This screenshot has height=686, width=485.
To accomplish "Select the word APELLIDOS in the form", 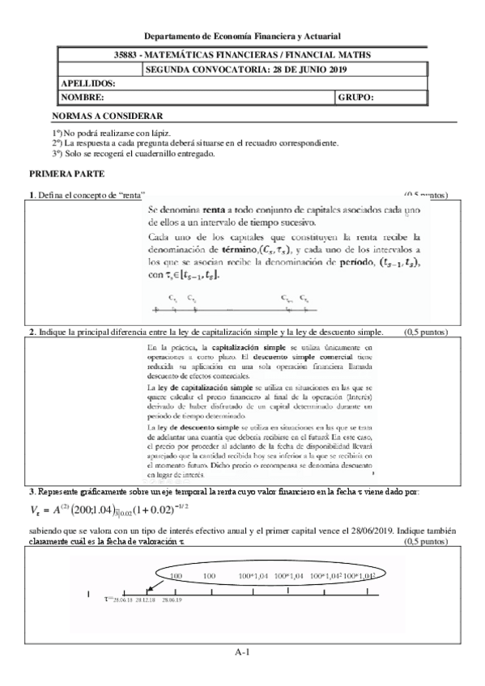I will (88, 83).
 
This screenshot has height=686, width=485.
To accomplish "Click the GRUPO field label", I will (357, 97).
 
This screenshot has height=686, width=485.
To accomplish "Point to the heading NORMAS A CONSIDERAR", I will (107, 116).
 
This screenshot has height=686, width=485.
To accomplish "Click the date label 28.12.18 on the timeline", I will (146, 599).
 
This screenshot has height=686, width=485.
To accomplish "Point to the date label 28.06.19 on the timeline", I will (172, 599).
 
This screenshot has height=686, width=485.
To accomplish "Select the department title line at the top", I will (242, 36).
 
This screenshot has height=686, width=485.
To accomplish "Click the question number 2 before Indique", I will (31, 332).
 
